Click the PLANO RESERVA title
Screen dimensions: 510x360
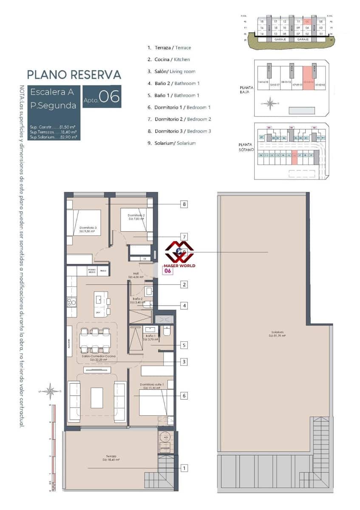click(x=74, y=74)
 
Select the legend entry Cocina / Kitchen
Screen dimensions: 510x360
click(x=169, y=59)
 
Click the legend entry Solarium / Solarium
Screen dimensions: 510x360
click(x=172, y=143)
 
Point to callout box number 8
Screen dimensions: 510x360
click(x=184, y=204)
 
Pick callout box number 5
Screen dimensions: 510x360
click(x=184, y=345)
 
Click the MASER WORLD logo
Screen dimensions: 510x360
click(x=180, y=255)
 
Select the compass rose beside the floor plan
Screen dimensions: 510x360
click(x=51, y=391)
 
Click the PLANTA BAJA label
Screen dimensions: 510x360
click(x=247, y=89)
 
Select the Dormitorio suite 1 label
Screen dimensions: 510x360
click(x=151, y=386)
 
